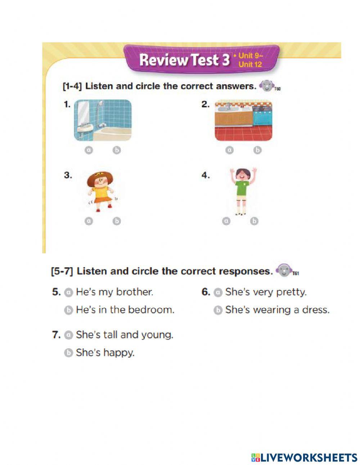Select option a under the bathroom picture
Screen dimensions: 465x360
click(89, 150)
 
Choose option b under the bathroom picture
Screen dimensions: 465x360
click(116, 150)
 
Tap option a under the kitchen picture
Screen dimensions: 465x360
click(229, 150)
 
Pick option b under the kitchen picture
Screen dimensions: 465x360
click(257, 150)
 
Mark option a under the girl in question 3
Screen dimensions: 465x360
click(89, 221)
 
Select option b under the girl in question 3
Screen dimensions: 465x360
click(116, 221)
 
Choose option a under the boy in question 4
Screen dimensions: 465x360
click(226, 221)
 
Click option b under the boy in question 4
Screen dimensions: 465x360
click(254, 221)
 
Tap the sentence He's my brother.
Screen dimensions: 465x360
click(114, 292)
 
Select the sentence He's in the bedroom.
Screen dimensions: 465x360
click(125, 310)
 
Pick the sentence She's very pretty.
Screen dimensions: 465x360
click(266, 292)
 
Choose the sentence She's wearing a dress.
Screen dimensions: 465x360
click(277, 310)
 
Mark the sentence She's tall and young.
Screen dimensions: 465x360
click(125, 335)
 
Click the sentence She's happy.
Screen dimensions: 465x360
click(105, 353)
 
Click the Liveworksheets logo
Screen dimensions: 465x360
click(304, 457)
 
